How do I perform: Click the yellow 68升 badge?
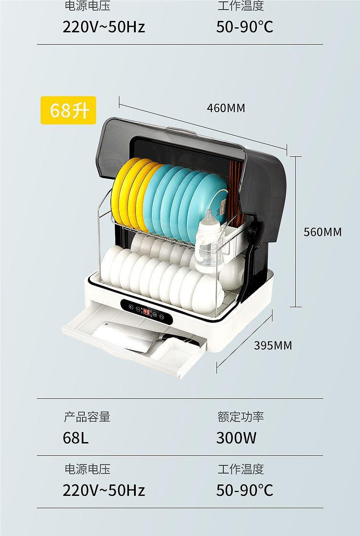tap(68, 110)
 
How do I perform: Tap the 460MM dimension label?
tap(226, 108)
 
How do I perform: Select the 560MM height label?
tap(323, 232)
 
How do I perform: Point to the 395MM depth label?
tap(273, 345)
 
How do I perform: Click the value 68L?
tap(76, 438)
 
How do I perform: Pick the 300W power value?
tap(236, 438)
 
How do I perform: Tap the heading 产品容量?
tap(87, 417)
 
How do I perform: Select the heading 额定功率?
tap(241, 417)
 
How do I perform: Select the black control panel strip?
tap(146, 312)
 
